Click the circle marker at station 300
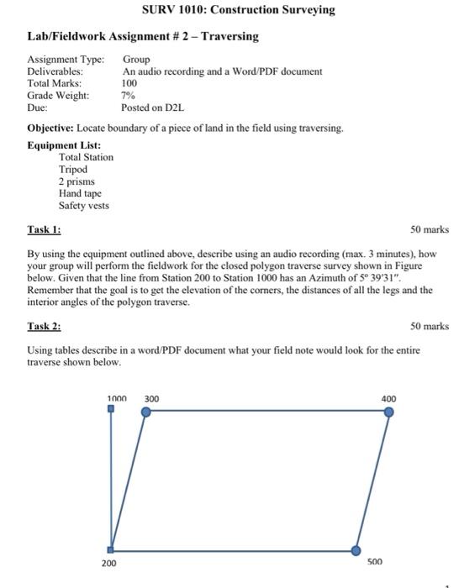146,412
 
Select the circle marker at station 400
388,412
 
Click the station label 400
388,398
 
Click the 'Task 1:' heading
44,229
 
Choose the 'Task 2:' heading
44,326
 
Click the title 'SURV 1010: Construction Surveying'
228,10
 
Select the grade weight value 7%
129,96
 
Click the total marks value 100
129,84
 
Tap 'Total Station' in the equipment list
86,157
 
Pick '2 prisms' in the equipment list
76,181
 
